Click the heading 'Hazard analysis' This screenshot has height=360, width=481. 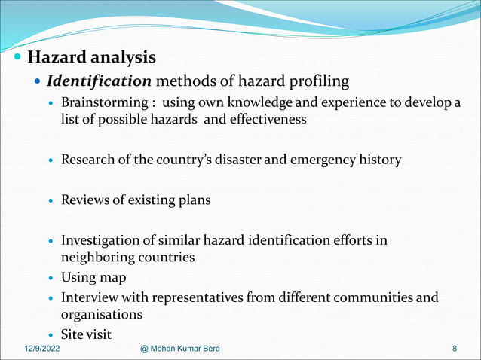click(x=91, y=56)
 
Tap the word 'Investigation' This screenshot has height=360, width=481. click(x=102, y=240)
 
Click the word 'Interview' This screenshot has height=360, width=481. click(x=89, y=297)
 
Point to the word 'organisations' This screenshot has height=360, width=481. click(x=102, y=314)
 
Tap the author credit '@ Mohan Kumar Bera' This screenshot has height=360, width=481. click(x=185, y=349)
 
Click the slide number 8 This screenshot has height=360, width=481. click(x=455, y=349)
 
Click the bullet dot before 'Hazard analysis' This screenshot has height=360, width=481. click(x=17, y=57)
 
